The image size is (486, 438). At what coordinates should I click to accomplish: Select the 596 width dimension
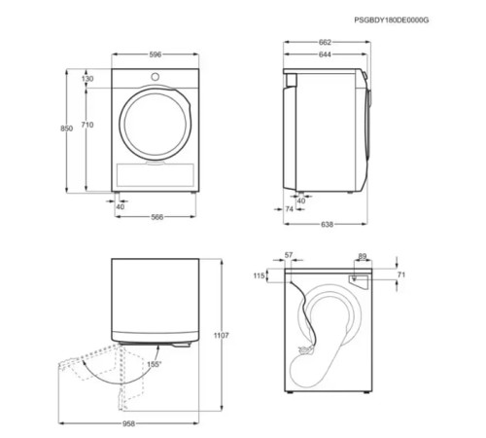coord(156,55)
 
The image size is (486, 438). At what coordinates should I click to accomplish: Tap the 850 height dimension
coord(66,128)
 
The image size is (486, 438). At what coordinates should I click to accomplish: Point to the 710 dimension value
coord(87,126)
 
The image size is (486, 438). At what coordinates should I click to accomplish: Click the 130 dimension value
coord(87,78)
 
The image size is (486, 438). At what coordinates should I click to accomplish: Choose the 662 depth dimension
coord(325,43)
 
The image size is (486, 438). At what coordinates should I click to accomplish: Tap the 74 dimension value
coord(290,208)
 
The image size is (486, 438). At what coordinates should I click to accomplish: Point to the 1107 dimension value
coord(221,336)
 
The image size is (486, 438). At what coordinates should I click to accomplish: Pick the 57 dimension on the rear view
coord(288,255)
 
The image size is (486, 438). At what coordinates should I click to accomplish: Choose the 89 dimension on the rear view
coord(362,257)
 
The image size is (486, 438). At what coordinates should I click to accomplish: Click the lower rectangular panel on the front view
coord(156,175)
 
